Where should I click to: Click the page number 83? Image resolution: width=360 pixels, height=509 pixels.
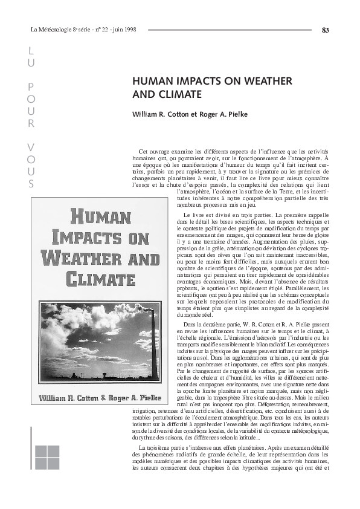(326, 30)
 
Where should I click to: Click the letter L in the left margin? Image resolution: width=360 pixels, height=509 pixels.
(31, 51)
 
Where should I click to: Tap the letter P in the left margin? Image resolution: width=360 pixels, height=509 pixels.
(31, 88)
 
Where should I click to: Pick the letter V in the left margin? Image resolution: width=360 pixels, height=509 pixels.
(31, 147)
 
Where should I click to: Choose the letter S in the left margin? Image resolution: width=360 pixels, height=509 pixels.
(31, 184)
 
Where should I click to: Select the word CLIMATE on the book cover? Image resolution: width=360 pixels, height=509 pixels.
(100, 279)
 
